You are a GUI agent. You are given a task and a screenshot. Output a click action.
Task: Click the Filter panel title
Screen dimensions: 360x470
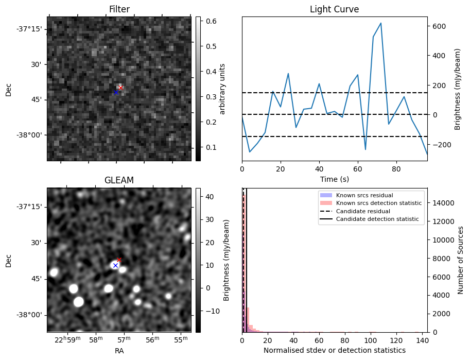click(119, 9)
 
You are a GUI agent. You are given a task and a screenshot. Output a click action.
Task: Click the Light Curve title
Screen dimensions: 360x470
click(334, 9)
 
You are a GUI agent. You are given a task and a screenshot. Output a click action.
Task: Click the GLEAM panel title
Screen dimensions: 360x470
click(119, 180)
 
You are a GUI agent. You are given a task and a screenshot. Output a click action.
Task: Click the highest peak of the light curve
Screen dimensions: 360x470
click(380, 23)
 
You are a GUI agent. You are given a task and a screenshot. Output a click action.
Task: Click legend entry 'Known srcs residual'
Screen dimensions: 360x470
click(364, 195)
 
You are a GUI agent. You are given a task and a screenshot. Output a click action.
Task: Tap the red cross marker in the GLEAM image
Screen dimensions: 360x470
click(119, 260)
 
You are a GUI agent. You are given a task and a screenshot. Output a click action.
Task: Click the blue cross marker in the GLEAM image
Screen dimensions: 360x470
click(115, 265)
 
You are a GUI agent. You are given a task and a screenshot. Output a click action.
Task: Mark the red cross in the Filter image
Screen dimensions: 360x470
click(120, 88)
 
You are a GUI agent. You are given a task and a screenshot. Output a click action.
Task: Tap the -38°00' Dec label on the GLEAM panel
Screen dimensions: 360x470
click(29, 315)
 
